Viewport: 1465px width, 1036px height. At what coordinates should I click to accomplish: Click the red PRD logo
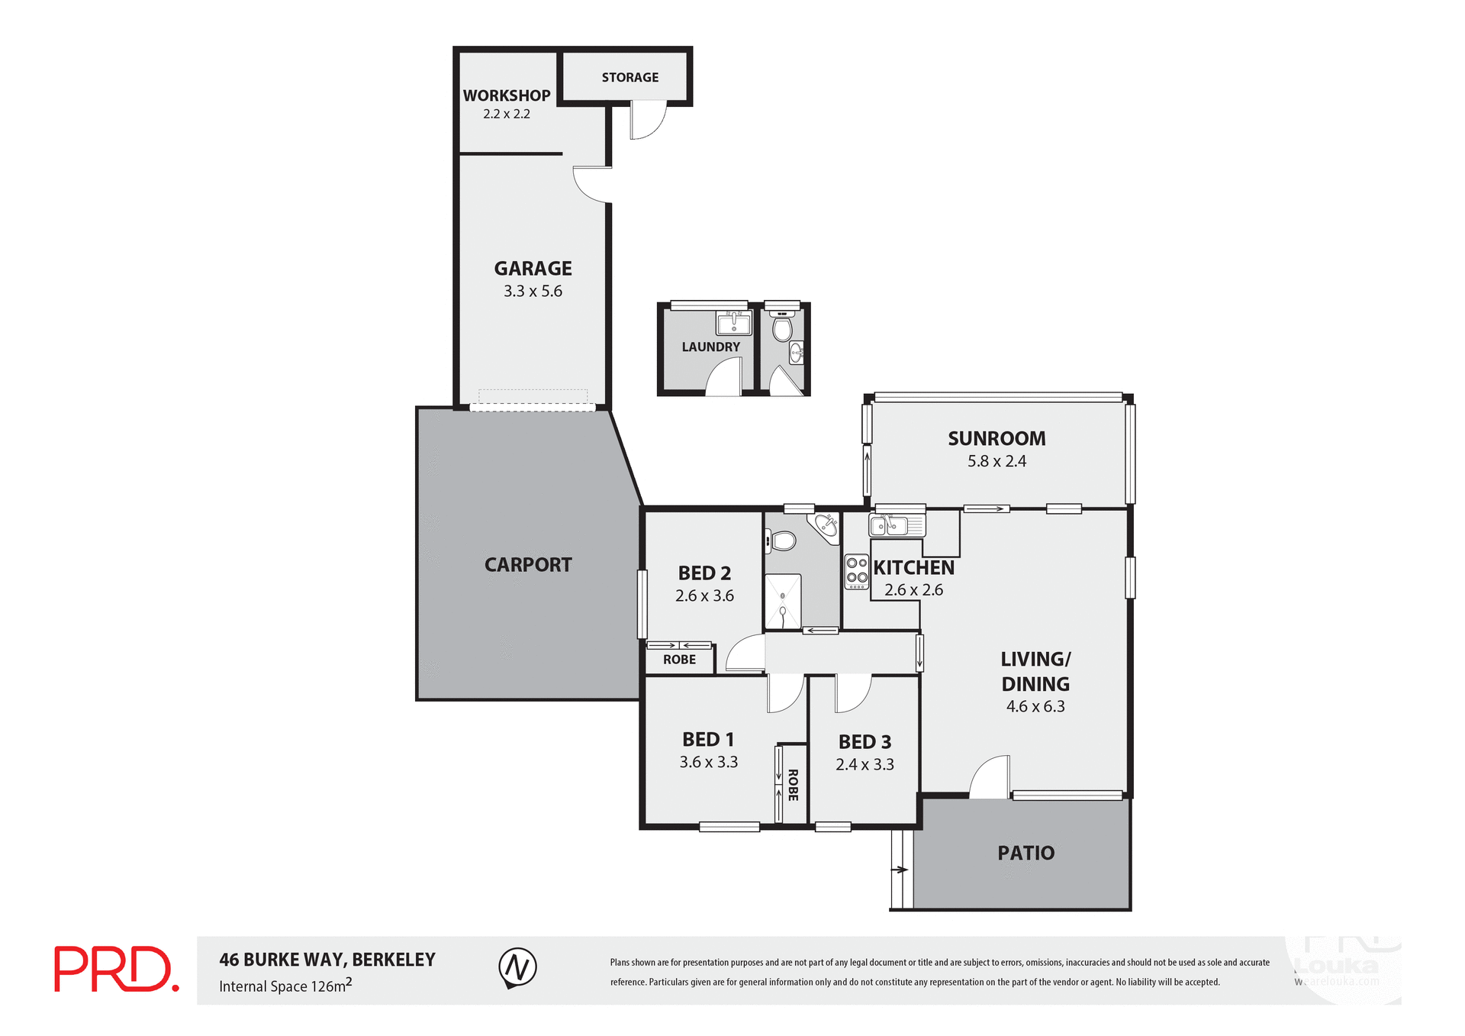(116, 969)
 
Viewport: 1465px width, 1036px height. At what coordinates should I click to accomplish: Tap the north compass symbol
(517, 967)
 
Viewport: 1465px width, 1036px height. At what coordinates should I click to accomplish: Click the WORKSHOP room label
(507, 96)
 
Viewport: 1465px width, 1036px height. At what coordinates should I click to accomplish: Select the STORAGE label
(629, 77)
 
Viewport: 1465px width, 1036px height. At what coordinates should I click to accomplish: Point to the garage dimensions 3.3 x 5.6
(533, 291)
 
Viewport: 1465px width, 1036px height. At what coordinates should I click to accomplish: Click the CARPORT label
(528, 565)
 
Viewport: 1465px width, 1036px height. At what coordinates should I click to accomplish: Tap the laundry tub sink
(733, 323)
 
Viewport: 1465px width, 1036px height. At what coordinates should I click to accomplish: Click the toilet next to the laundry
(782, 329)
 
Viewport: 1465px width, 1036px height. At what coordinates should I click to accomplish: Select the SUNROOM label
(997, 438)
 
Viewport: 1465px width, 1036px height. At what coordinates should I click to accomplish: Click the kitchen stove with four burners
(857, 572)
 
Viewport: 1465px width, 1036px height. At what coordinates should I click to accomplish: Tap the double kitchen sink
(896, 525)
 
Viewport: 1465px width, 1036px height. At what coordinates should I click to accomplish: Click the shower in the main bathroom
(783, 602)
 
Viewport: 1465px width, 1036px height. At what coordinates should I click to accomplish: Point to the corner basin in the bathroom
(826, 525)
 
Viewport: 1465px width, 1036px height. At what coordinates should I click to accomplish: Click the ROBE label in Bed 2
(679, 660)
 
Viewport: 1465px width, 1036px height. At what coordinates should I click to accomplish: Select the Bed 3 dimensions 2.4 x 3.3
(865, 764)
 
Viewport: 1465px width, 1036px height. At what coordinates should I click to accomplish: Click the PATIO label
(1025, 853)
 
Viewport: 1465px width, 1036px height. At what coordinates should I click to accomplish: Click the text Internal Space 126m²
(285, 986)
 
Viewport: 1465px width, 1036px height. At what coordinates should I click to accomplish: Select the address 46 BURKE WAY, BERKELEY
(327, 960)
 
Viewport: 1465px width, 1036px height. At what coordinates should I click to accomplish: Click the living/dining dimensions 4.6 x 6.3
(1035, 706)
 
